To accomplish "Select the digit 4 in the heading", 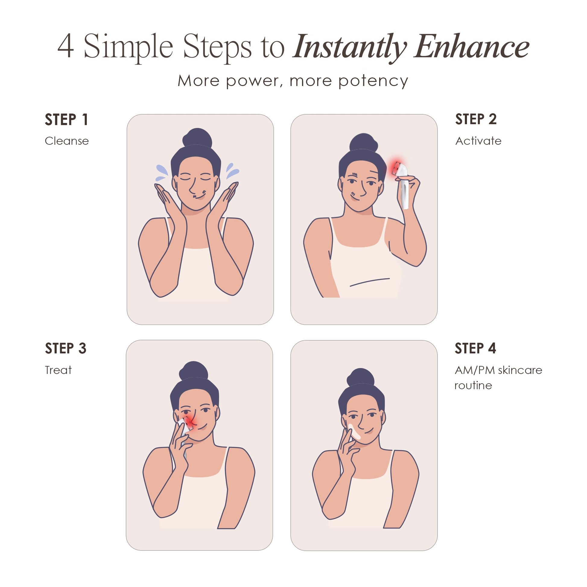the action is pyautogui.click(x=66, y=46).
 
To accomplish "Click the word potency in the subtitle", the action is pyautogui.click(x=373, y=81).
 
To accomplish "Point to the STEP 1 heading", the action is pyautogui.click(x=66, y=119).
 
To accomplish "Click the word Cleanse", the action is pyautogui.click(x=67, y=141).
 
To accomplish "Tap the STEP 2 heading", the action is pyautogui.click(x=476, y=119).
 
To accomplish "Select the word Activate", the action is pyautogui.click(x=478, y=141).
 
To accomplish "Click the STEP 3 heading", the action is pyautogui.click(x=66, y=348).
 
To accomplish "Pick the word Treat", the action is pyautogui.click(x=58, y=370).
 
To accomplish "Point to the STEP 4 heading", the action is pyautogui.click(x=475, y=348).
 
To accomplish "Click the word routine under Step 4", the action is pyautogui.click(x=473, y=386).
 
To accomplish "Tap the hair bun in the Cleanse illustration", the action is pyautogui.click(x=198, y=138).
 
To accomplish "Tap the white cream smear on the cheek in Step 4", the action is pyautogui.click(x=354, y=431).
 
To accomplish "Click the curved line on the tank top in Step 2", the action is pyautogui.click(x=370, y=282).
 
